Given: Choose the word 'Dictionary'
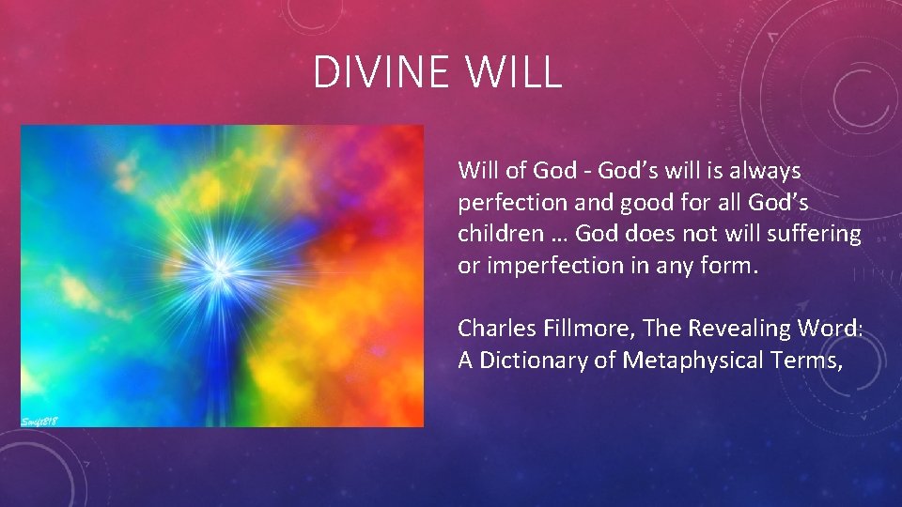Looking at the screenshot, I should click(533, 360).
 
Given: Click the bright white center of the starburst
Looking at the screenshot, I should click(220, 269).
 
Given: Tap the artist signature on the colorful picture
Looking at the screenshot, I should click(40, 420).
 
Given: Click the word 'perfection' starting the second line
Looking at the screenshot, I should click(503, 202).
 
